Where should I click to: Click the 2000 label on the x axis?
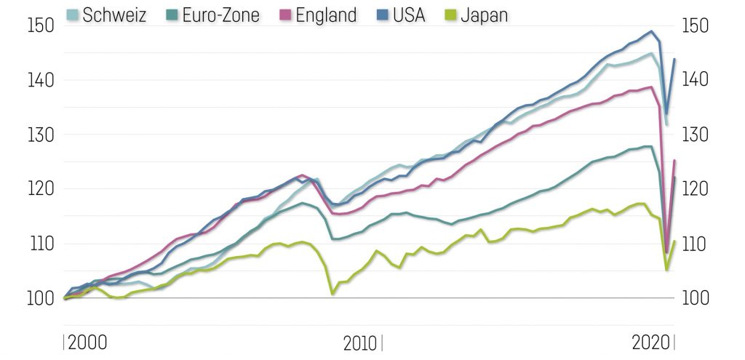tap(88, 342)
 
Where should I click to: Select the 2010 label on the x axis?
tap(359, 342)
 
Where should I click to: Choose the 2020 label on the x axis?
tap(652, 342)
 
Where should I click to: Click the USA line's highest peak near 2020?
tap(651, 31)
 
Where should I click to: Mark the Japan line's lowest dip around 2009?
tap(332, 294)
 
